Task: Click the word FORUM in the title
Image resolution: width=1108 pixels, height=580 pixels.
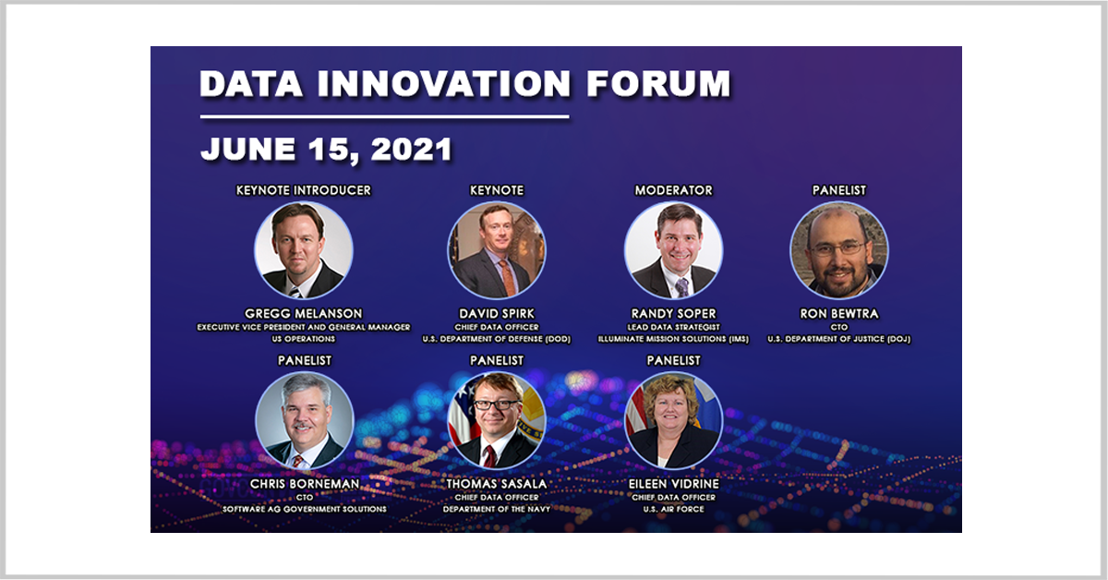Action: point(658,83)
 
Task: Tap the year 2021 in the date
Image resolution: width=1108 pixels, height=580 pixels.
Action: point(411,149)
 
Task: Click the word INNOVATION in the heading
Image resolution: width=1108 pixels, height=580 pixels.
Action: point(444,83)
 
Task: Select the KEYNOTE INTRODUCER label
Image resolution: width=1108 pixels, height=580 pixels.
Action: point(303,190)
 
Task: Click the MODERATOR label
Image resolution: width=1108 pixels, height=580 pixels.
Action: point(674,190)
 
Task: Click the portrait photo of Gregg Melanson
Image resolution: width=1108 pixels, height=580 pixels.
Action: point(304,250)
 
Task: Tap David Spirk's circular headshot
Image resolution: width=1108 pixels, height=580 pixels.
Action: point(497,250)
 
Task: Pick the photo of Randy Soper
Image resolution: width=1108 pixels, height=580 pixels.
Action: point(674,250)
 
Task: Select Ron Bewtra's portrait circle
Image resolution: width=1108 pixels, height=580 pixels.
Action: point(839,250)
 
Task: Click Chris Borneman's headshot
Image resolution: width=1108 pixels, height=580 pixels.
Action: point(304,420)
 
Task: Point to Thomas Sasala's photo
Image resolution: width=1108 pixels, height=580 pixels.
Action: point(497,420)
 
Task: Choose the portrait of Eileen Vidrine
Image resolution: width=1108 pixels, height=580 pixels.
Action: point(674,420)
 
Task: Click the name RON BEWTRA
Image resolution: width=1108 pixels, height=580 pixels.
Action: point(839,314)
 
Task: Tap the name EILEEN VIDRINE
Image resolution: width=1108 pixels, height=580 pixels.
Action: point(674,484)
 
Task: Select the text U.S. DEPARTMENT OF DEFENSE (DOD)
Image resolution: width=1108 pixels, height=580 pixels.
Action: point(497,339)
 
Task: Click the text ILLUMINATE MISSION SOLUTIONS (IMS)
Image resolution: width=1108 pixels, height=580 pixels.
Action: point(674,339)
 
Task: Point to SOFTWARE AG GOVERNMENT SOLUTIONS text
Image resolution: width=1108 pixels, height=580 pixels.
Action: point(304,509)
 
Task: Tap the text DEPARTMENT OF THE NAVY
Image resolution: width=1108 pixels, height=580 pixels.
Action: point(497,509)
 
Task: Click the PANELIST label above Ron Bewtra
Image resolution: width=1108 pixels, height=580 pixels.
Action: point(839,190)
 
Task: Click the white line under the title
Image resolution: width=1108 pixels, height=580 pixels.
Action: point(384,116)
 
